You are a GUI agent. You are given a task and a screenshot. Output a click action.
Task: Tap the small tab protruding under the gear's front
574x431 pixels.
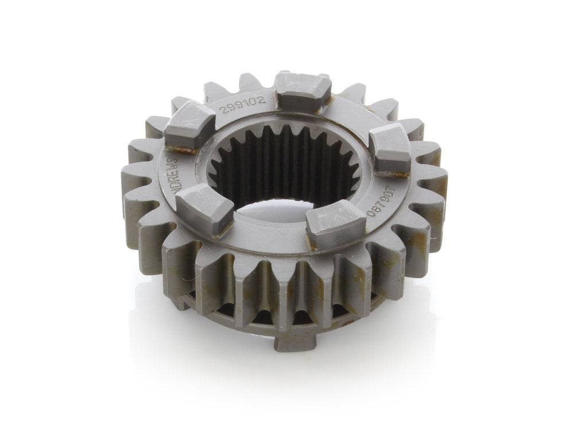pos(293,341)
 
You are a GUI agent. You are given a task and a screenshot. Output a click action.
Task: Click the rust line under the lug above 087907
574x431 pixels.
pos(401,173)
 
